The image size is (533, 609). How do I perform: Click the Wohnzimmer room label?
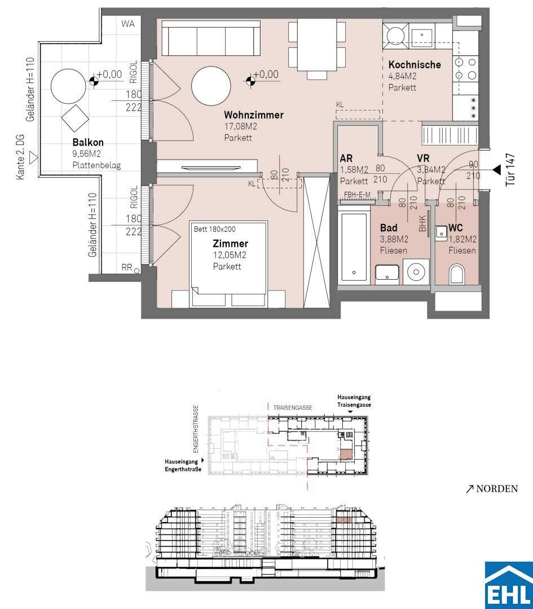(254, 115)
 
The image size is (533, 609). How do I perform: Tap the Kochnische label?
(415, 64)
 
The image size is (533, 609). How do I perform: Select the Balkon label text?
(88, 143)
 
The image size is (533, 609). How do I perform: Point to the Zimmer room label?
(230, 244)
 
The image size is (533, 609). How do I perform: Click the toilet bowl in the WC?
(457, 274)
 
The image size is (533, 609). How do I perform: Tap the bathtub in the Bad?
(354, 247)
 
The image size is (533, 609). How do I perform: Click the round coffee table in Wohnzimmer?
(212, 86)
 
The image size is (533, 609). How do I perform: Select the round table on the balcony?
(68, 86)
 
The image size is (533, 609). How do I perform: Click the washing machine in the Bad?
(416, 272)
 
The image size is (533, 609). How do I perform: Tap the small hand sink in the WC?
(441, 233)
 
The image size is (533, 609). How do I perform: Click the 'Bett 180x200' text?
(214, 229)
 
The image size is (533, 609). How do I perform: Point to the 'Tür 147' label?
(510, 170)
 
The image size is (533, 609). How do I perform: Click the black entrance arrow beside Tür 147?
(496, 169)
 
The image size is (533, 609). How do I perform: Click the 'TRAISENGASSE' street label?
(293, 408)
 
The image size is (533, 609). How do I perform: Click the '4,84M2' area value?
(403, 76)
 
